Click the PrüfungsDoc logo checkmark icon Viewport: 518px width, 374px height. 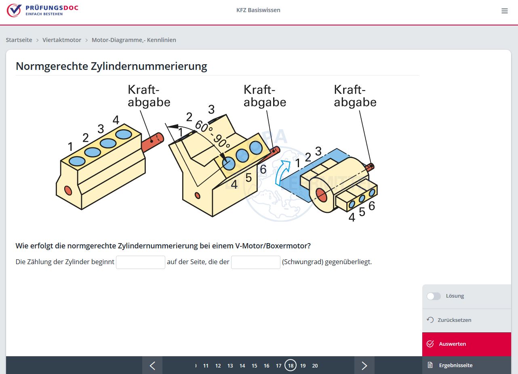[14, 10]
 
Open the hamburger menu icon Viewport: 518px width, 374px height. [504, 11]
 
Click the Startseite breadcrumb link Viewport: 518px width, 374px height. [19, 40]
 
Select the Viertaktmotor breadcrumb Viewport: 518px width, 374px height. [62, 40]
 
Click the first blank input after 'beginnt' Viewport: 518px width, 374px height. [140, 262]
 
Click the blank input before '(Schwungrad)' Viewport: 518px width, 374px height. [255, 262]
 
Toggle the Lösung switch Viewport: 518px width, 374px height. [434, 296]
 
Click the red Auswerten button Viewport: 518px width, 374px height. [466, 344]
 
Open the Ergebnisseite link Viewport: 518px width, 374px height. [455, 365]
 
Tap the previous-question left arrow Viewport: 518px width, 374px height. [152, 366]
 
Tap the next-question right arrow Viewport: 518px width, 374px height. [364, 366]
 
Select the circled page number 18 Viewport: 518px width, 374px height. [291, 366]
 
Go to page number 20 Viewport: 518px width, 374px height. [315, 366]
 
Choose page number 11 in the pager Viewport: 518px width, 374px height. [206, 366]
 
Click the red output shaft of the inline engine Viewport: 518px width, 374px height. [152, 142]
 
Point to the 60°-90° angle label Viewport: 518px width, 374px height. [213, 134]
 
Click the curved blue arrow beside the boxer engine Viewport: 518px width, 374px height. [282, 172]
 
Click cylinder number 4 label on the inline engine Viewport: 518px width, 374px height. [116, 120]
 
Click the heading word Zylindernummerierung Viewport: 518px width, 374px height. [149, 66]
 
